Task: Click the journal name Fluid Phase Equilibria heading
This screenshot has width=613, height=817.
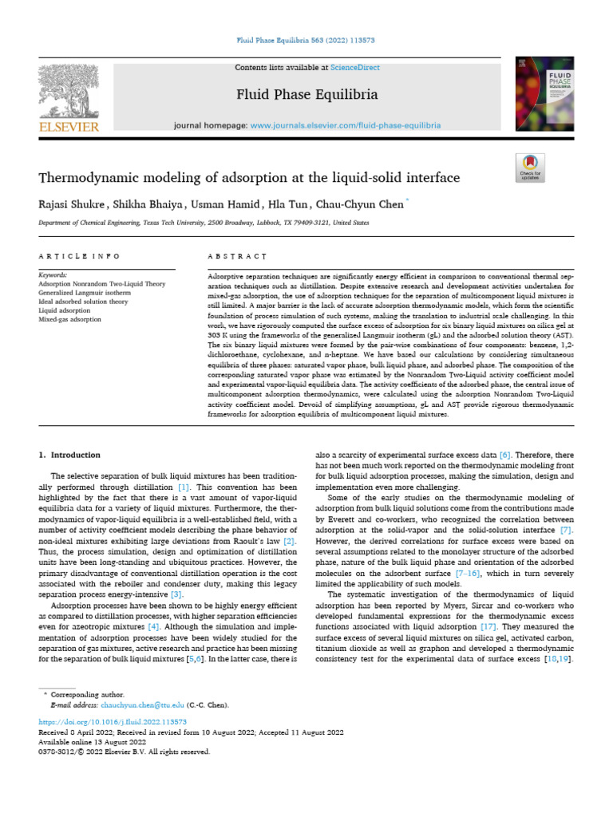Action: pos(306,95)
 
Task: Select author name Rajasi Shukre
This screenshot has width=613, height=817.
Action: pos(73,204)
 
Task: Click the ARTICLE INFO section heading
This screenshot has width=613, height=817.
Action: pos(79,256)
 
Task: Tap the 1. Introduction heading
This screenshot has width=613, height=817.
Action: pos(69,455)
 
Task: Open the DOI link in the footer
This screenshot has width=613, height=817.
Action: pos(99,722)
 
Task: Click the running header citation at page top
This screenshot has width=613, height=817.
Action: pos(306,40)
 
